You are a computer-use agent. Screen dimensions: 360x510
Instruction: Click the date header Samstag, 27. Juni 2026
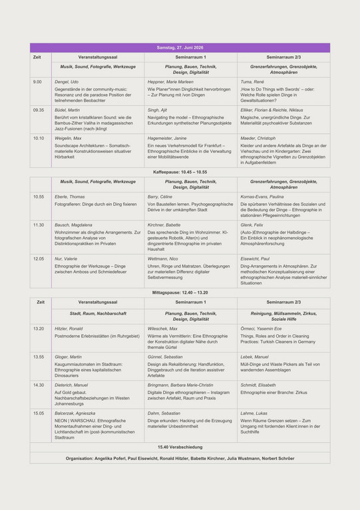[180, 47]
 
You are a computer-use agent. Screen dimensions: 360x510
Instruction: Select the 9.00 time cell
[37, 81]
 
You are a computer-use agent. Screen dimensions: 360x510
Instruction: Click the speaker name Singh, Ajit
[158, 109]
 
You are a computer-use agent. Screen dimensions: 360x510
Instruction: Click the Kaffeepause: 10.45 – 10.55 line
[180, 172]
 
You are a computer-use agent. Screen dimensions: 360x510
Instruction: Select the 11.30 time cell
[39, 225]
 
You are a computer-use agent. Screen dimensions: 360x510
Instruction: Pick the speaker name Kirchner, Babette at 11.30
[164, 225]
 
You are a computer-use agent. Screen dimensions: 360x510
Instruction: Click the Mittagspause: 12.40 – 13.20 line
[180, 292]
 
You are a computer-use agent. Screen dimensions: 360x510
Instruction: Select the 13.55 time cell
[39, 357]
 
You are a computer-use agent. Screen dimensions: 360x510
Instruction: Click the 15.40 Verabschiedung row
[180, 447]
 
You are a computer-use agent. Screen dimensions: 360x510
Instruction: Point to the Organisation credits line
[180, 458]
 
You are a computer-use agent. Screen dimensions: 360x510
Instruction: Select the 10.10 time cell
[39, 138]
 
